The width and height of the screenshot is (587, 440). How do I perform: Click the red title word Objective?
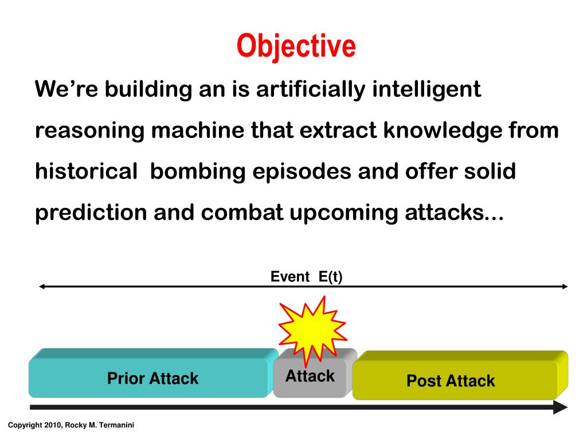click(x=296, y=46)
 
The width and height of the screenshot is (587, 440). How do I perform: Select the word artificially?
click(x=303, y=90)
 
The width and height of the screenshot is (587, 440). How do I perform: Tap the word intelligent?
click(x=427, y=90)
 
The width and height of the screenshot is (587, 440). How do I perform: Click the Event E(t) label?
click(x=306, y=277)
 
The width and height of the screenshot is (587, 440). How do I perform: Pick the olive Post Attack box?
click(x=451, y=380)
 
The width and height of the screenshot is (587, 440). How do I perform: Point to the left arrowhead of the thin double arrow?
click(x=41, y=286)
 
